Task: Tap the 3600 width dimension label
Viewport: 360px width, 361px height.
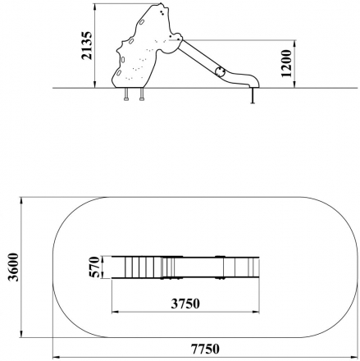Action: pos(10,267)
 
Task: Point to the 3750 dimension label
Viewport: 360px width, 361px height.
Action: pos(185,303)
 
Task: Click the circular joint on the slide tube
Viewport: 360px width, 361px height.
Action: pos(219,71)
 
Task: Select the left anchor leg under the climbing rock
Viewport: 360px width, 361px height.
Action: pos(125,96)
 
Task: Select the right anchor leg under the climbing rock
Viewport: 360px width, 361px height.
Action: pos(142,96)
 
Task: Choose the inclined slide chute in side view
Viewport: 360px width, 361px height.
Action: pos(201,56)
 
